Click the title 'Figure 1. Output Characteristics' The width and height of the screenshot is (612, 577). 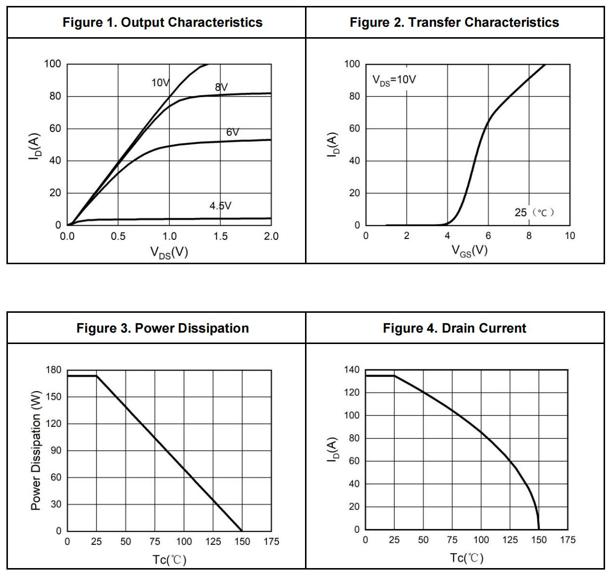(x=162, y=22)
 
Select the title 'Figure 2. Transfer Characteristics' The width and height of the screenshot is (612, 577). (x=454, y=22)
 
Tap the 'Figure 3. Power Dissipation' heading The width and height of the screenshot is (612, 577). (x=162, y=328)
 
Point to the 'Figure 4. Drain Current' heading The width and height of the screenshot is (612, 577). (x=454, y=328)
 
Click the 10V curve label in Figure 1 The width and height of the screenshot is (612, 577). (x=160, y=83)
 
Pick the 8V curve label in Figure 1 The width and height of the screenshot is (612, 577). (x=221, y=87)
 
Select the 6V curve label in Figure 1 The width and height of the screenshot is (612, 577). (x=233, y=132)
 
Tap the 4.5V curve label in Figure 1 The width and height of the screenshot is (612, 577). (x=220, y=206)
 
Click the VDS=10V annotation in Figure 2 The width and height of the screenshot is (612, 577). (x=394, y=80)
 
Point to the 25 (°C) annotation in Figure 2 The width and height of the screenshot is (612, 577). (x=534, y=213)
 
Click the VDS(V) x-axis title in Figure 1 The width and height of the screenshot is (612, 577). (x=169, y=253)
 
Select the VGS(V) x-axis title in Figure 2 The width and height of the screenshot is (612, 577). (x=469, y=251)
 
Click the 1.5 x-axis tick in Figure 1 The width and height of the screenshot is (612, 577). (x=220, y=236)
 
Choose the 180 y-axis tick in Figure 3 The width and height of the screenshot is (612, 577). (x=53, y=370)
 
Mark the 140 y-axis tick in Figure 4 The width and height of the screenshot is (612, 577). (x=352, y=370)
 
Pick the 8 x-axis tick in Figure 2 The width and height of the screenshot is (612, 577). (x=529, y=236)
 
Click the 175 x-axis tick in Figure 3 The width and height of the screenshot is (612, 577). (x=271, y=542)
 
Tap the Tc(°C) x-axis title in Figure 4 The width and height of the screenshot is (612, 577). (x=466, y=558)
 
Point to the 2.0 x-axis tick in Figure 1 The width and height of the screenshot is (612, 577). (x=271, y=236)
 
